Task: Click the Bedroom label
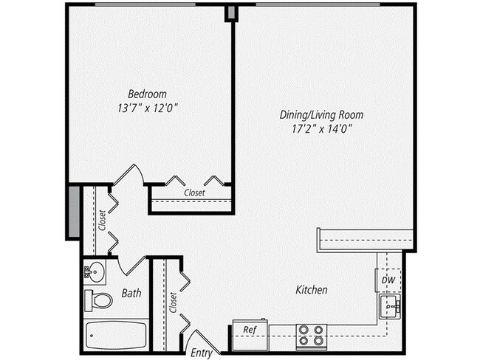[147, 94]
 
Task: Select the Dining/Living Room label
[321, 115]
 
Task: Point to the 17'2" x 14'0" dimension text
[321, 128]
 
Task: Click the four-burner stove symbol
[311, 336]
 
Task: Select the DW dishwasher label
[388, 280]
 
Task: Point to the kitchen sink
[390, 306]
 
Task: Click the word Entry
[202, 353]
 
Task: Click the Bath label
[131, 294]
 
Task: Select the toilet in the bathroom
[98, 300]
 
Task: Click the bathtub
[117, 336]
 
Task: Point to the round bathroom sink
[94, 271]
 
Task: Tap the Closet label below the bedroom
[193, 193]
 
